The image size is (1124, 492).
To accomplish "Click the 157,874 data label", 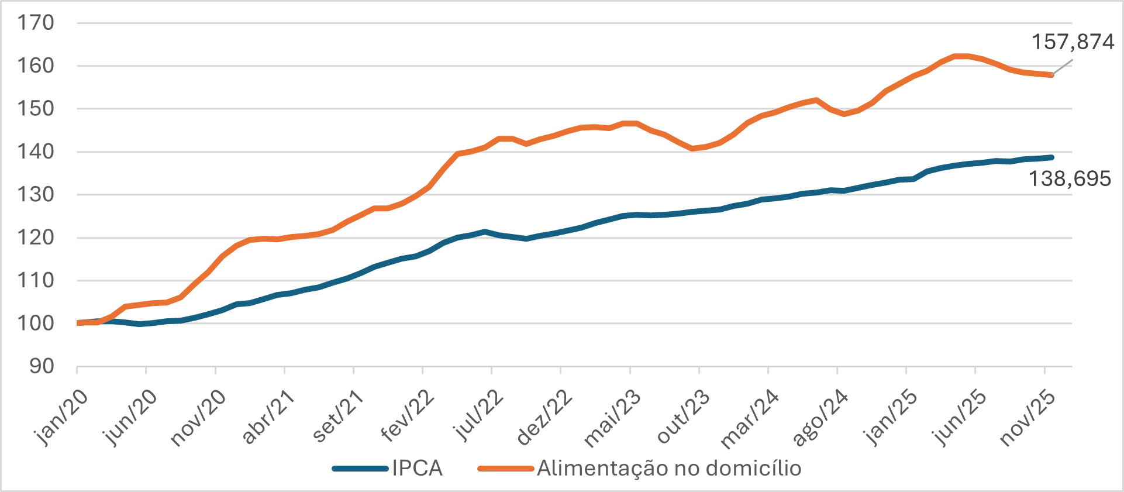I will coord(1073,42).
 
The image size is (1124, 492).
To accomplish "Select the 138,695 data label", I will coord(1070,179).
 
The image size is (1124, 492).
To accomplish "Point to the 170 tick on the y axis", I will coord(36,23).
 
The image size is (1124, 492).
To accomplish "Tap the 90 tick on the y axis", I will coord(42,366).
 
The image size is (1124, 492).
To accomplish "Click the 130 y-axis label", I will coord(36,194).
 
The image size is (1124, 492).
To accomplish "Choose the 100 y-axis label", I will coord(36,323).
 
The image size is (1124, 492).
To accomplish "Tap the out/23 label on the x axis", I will coord(683,417).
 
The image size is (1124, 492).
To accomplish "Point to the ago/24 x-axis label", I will coord(820,418).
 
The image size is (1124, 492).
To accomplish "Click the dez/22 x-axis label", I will coord(545,418).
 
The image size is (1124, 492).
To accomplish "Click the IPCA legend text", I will coord(417,469).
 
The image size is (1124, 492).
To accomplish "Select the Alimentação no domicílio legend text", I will coord(669,469).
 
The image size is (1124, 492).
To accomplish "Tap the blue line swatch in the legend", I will coord(360,469).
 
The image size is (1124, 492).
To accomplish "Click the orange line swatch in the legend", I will coord(506,469).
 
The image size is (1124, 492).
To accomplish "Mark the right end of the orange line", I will coord(1051,75).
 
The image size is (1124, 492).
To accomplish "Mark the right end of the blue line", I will coord(1051,157).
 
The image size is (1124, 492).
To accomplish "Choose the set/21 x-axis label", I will coord(338,417).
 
